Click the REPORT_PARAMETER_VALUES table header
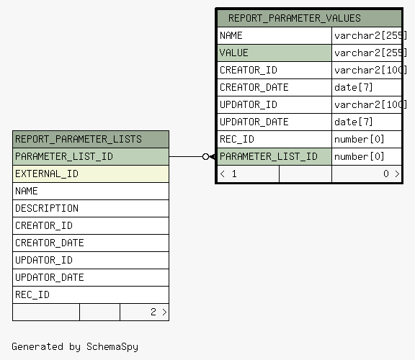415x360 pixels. pos(294,18)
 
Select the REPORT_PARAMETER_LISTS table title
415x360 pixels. pos(79,139)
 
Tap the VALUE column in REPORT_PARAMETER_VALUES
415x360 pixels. pos(234,53)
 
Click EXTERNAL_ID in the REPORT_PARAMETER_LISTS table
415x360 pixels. pos(47,174)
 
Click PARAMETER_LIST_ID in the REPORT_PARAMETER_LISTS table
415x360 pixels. pos(64,156)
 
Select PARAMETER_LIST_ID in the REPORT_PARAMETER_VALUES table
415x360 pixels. pos(269,156)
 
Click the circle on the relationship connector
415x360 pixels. pos(205,156)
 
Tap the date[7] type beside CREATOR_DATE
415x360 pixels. pos(353,87)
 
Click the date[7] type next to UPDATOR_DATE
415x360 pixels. pos(353,122)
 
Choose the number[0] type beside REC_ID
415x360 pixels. pos(359,139)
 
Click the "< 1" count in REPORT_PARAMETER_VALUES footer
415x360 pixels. pos(228,174)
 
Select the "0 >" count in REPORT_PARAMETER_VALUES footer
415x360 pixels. pos(391,174)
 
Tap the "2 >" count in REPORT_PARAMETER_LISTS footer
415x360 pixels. pos(159,312)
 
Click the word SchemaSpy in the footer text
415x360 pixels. pos(112,347)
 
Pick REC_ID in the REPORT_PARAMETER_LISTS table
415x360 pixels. pos(32,294)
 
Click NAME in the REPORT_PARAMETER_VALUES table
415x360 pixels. pos(231,35)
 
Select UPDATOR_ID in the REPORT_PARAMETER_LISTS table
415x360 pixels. pos(44,260)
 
